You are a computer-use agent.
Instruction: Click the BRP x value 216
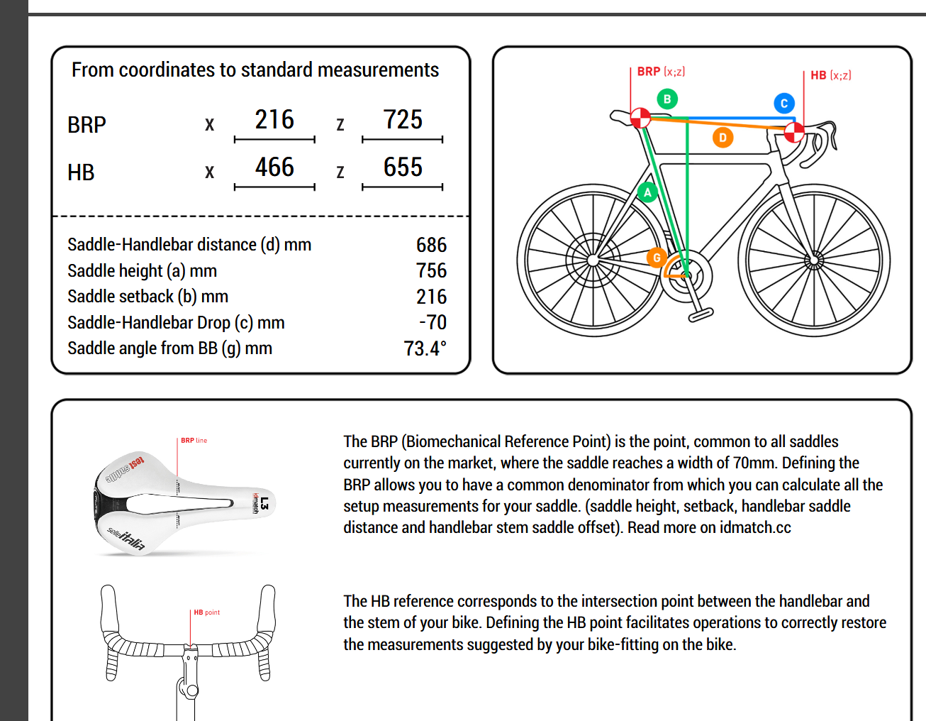coord(274,120)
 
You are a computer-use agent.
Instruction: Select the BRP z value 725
coord(403,120)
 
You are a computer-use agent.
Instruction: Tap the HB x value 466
coord(274,167)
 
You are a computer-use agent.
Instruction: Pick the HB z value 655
coord(403,167)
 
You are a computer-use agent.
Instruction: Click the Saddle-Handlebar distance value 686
coord(431,246)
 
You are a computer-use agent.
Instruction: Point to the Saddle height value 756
coord(431,271)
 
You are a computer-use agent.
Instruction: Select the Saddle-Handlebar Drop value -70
coord(433,323)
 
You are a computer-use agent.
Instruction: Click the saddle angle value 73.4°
coord(425,348)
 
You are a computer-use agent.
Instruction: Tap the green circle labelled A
coord(647,192)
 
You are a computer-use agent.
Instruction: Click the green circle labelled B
coord(666,99)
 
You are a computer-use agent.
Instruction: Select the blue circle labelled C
coord(783,104)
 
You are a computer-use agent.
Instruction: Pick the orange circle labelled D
coord(723,138)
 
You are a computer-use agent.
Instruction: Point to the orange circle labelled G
coord(657,258)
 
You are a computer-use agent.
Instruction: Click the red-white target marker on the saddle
coord(640,118)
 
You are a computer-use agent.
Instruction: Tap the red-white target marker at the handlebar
coord(794,132)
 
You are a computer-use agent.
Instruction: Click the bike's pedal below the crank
coord(701,314)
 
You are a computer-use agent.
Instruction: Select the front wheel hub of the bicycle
coord(814,261)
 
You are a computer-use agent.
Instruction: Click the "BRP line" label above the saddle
coord(194,441)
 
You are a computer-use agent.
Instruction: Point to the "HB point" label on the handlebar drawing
coord(206,612)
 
